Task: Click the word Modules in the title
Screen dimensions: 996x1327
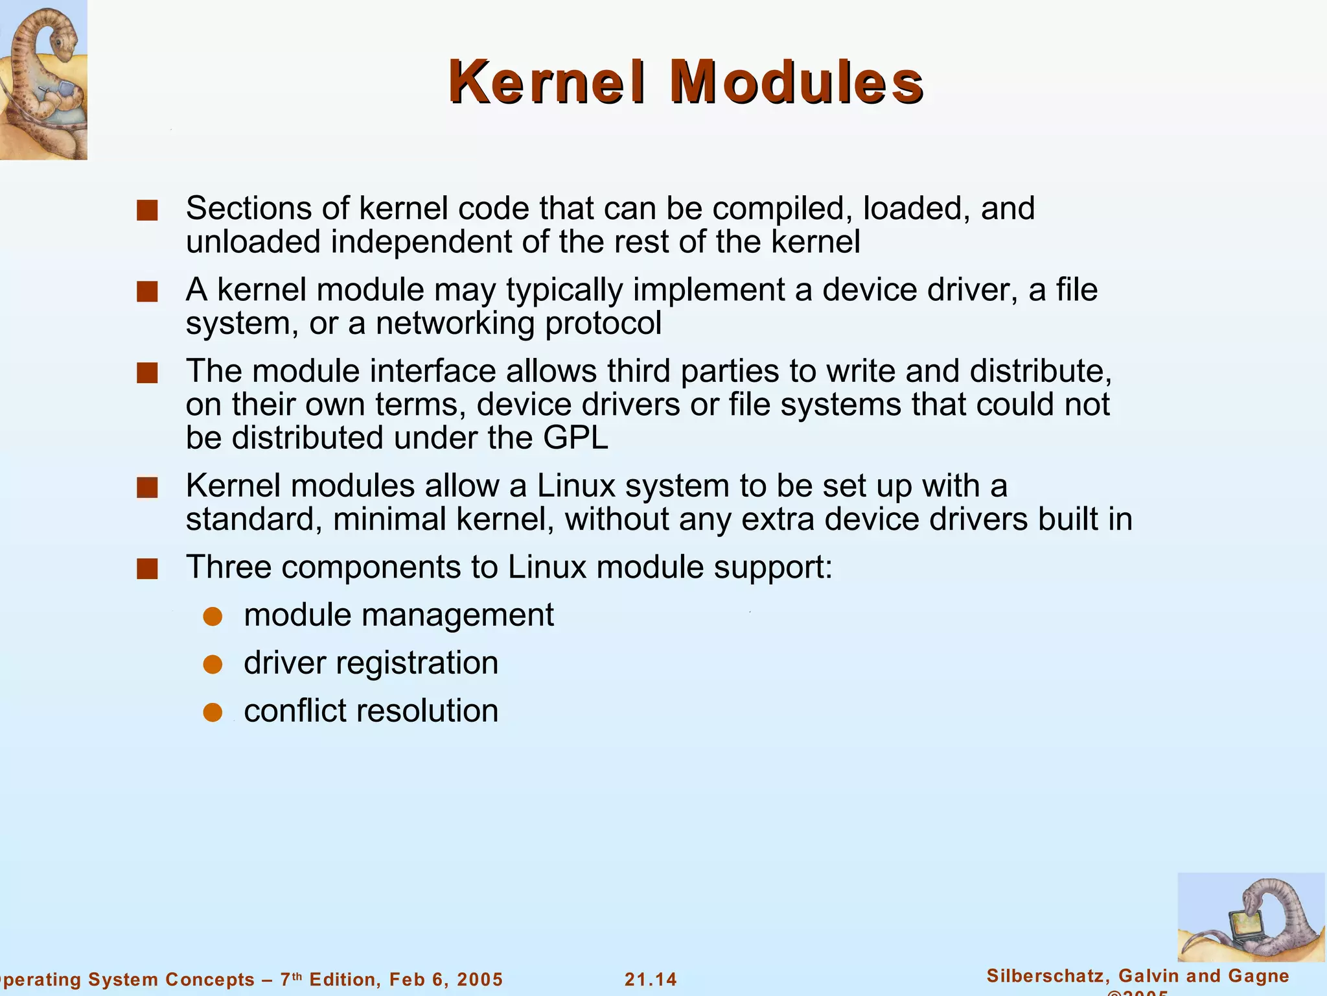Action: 796,82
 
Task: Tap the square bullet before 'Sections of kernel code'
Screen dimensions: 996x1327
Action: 148,211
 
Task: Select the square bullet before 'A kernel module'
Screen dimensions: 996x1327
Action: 148,292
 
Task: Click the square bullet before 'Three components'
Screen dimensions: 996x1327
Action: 148,569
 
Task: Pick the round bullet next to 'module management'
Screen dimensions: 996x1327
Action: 213,617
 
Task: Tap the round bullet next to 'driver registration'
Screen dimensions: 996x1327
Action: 213,665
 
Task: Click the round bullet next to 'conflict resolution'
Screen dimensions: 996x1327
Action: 213,713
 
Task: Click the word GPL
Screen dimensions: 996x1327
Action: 575,438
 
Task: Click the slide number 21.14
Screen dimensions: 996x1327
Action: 651,979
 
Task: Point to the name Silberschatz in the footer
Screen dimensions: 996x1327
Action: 1047,976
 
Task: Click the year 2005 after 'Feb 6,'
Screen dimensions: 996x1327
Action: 479,979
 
